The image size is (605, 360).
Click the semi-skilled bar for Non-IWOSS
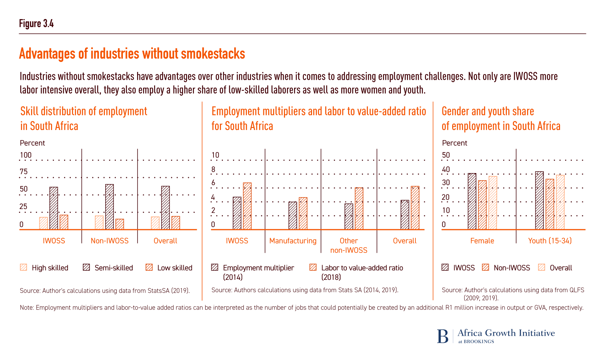click(x=109, y=207)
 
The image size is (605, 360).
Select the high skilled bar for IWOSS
click(x=43, y=223)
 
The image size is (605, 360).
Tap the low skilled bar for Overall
click(x=176, y=223)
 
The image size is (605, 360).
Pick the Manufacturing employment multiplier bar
click(x=293, y=216)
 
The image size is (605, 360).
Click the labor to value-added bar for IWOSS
click(x=247, y=206)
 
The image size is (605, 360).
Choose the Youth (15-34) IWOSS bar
click(x=539, y=201)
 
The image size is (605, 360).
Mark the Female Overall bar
click(x=493, y=203)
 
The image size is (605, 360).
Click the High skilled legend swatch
click(x=24, y=267)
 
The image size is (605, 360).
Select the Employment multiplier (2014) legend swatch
click(x=215, y=267)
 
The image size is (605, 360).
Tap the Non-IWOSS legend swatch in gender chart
click(x=486, y=267)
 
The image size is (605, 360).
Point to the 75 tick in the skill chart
click(x=24, y=172)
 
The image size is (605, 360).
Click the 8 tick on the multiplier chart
click(x=214, y=169)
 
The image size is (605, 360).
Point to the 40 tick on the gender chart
click(x=446, y=169)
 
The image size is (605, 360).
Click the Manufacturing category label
click(x=293, y=241)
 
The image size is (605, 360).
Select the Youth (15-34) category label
click(x=550, y=241)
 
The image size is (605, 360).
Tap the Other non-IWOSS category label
click(x=349, y=245)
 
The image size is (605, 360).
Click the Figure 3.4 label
click(x=36, y=24)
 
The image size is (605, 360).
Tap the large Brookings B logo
click(x=442, y=336)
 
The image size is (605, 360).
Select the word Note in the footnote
click(x=27, y=308)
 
